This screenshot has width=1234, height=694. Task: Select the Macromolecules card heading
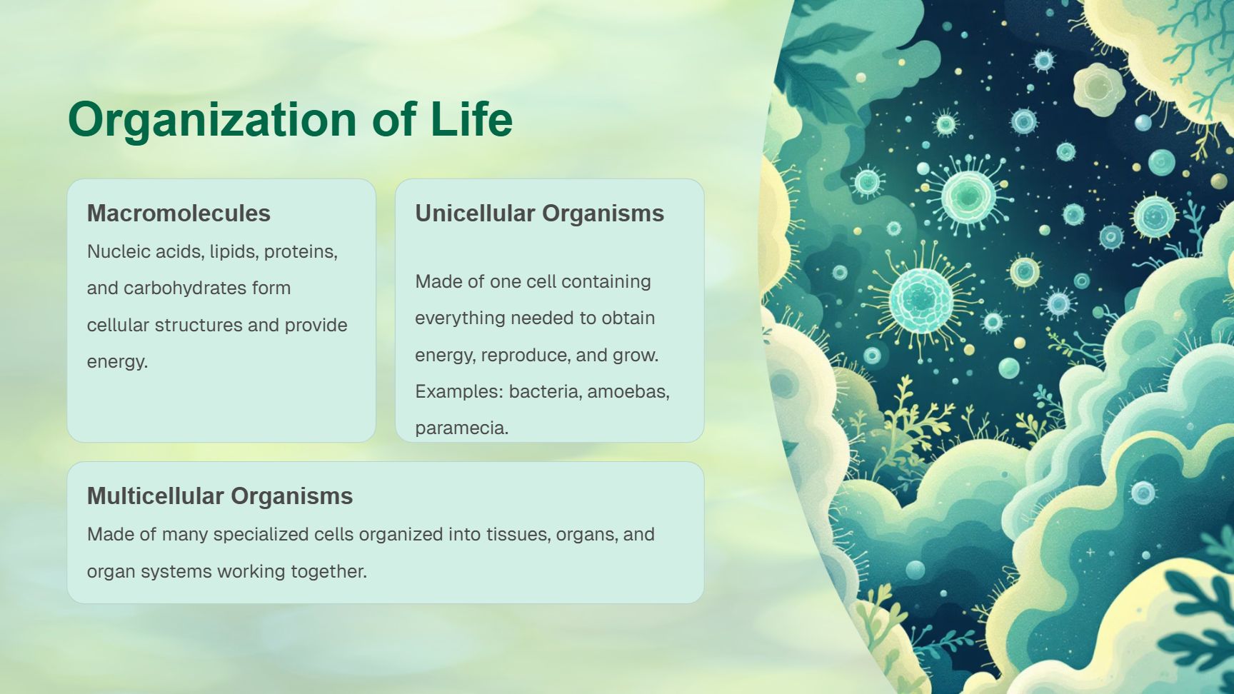pyautogui.click(x=179, y=213)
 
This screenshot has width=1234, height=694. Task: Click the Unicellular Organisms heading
pyautogui.click(x=539, y=213)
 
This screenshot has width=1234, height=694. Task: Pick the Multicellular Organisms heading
pyautogui.click(x=220, y=496)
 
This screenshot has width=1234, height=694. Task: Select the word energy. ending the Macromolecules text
pyautogui.click(x=117, y=362)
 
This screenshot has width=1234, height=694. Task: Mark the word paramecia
pyautogui.click(x=461, y=428)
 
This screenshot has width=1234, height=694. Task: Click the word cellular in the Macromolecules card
pyautogui.click(x=119, y=325)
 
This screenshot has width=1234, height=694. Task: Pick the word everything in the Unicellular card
pyautogui.click(x=461, y=318)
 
